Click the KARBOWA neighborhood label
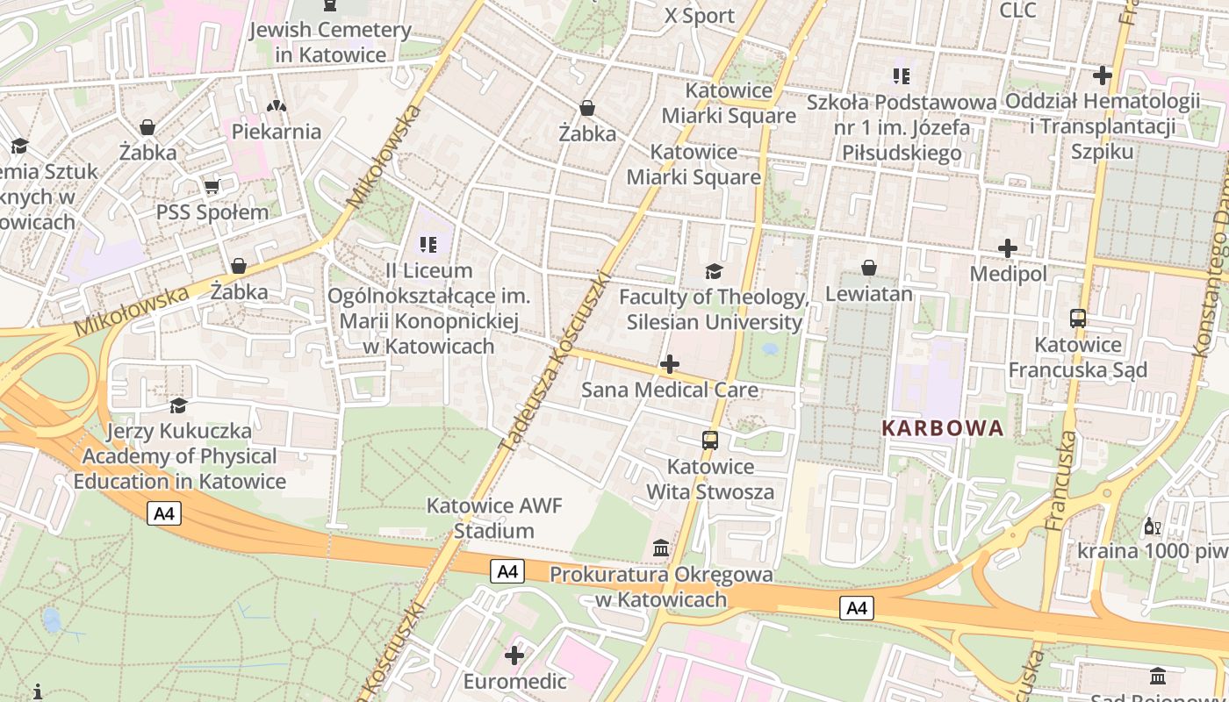(x=942, y=428)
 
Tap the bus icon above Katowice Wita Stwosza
(x=710, y=441)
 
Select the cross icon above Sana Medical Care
(x=670, y=363)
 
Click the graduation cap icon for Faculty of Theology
(x=714, y=271)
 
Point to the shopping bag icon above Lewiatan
(x=869, y=267)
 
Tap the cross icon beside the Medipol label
(x=1008, y=248)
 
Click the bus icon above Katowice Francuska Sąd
(x=1078, y=319)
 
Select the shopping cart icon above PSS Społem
(x=212, y=186)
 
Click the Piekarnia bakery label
(x=277, y=132)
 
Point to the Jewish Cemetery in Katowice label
(x=330, y=42)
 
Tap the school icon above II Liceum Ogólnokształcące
(x=428, y=244)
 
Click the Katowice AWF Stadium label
(x=493, y=518)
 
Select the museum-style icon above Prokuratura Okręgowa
(x=661, y=548)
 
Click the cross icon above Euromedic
(x=514, y=655)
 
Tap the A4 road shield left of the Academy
(x=164, y=513)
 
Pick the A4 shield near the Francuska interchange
(x=857, y=607)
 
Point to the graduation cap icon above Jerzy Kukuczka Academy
(x=179, y=405)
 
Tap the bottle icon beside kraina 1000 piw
(x=1152, y=526)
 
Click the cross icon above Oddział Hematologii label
(x=1103, y=75)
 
